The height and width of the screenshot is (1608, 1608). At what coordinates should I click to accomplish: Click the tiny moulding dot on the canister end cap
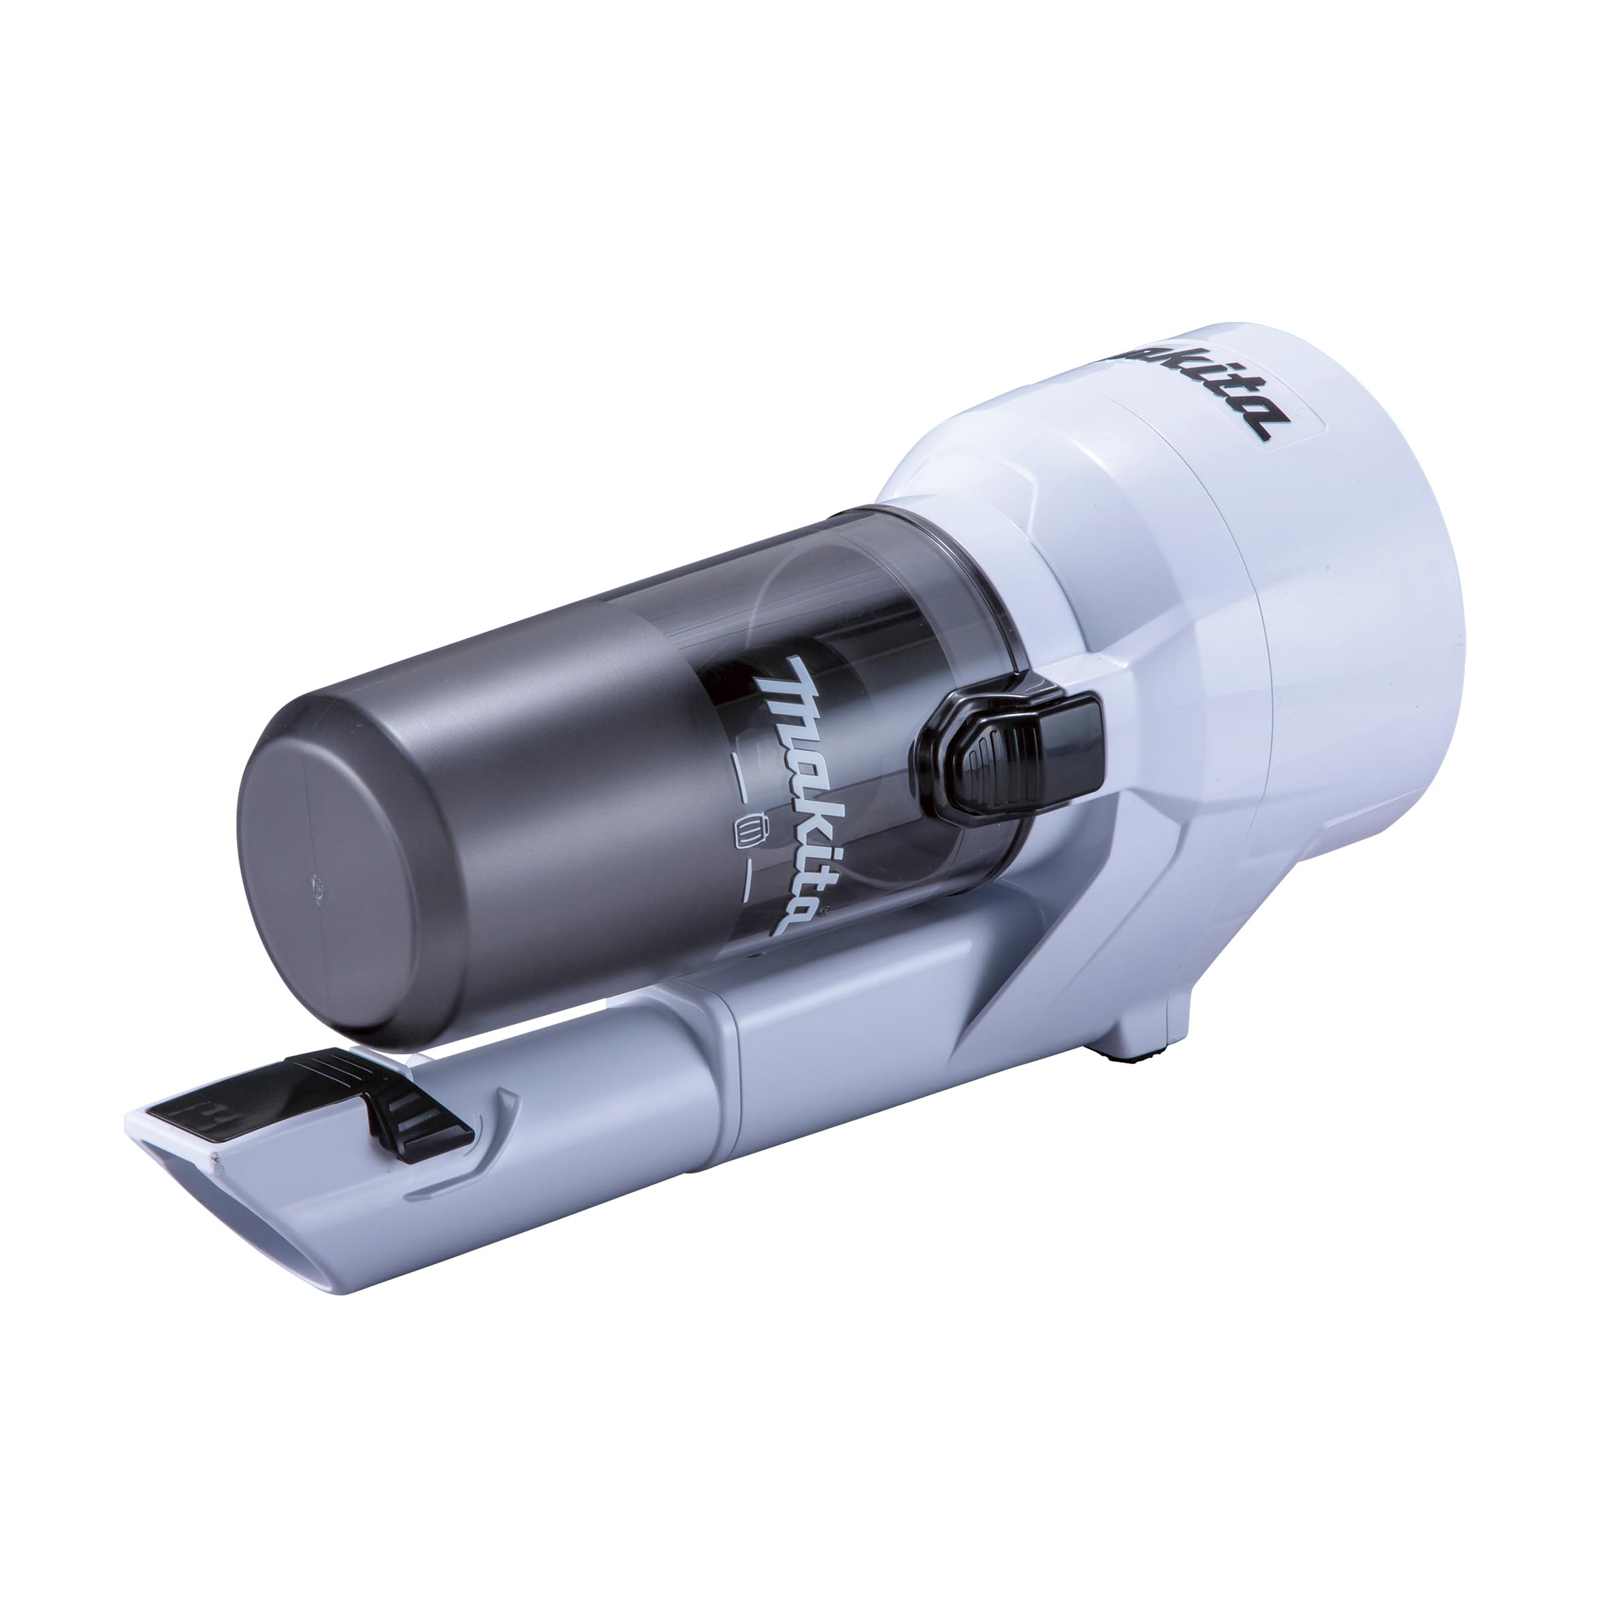(x=317, y=887)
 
